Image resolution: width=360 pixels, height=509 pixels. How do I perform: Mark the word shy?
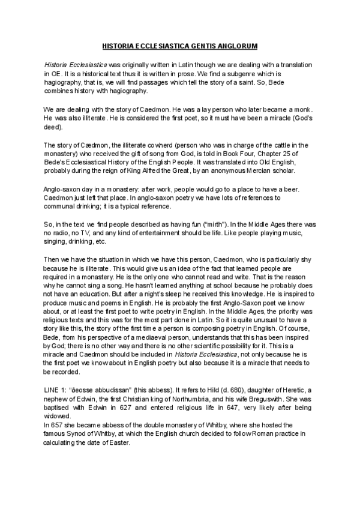point(307,259)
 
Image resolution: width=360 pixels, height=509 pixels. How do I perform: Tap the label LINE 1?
point(57,390)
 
